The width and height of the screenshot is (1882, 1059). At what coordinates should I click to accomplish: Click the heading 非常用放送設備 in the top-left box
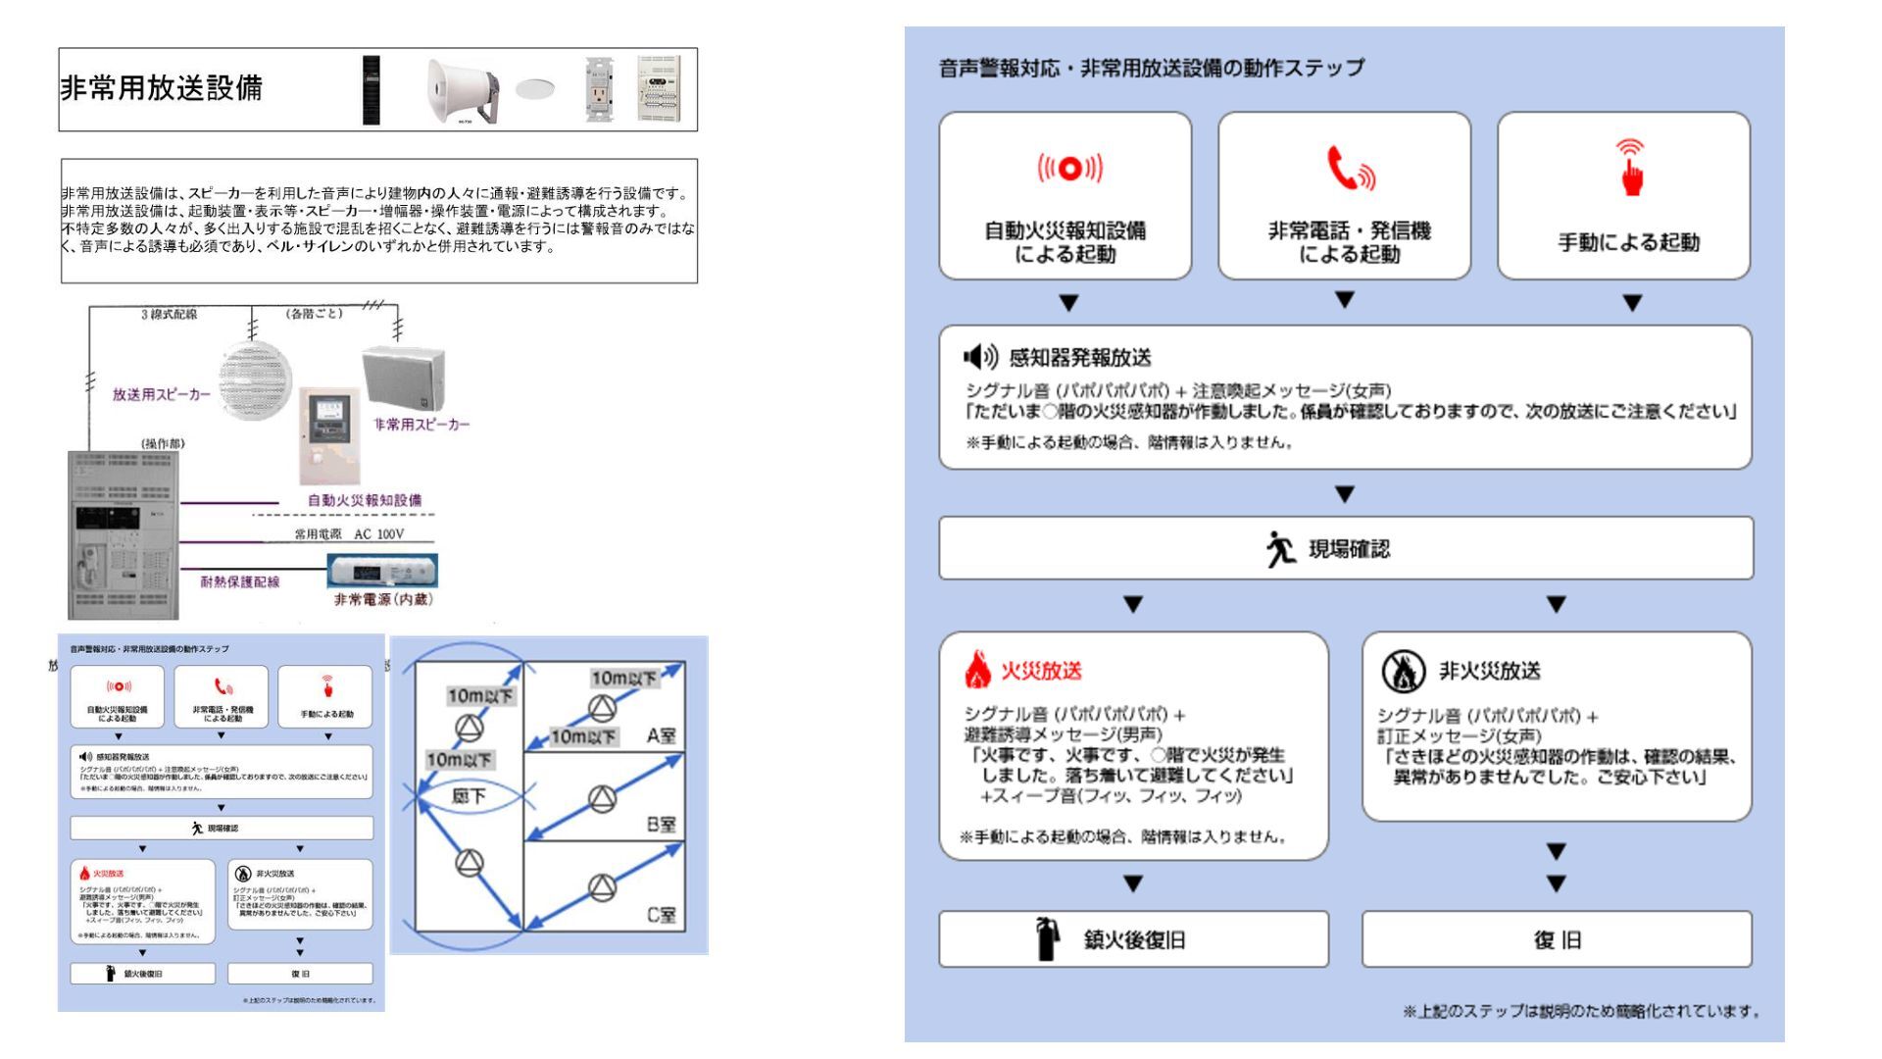point(162,88)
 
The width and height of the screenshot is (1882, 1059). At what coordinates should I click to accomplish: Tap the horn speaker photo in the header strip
point(462,90)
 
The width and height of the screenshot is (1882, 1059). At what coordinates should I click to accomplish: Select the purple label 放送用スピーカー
point(161,394)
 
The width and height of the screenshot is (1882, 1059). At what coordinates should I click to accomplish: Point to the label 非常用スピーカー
point(421,425)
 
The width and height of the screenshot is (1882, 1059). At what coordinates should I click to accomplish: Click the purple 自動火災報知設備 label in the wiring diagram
point(365,500)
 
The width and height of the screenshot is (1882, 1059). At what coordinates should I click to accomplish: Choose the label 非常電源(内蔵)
point(383,599)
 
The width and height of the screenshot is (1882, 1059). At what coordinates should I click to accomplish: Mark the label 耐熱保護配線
point(240,581)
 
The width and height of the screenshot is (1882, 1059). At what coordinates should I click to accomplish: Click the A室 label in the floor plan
point(661,735)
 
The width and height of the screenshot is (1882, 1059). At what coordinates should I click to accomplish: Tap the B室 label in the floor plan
point(661,825)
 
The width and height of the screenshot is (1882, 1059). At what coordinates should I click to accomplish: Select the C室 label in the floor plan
point(661,915)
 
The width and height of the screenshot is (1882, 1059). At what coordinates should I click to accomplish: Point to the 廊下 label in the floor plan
point(469,796)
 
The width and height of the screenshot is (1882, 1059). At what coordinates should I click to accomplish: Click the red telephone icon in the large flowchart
point(1349,169)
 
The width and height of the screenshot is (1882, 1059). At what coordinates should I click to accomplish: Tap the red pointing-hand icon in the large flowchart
point(1630,169)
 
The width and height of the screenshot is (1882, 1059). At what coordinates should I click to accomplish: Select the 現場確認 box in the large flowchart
point(1346,549)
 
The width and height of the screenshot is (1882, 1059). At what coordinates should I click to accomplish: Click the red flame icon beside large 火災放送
point(977,671)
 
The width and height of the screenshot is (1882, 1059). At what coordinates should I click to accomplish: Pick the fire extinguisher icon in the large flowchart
point(1048,938)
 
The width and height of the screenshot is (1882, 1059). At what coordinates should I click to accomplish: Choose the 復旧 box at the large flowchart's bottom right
point(1557,939)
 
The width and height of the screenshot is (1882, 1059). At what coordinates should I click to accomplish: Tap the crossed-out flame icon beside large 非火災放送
point(1403,672)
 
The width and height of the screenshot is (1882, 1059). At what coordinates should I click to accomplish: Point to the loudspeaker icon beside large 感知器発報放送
point(980,357)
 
